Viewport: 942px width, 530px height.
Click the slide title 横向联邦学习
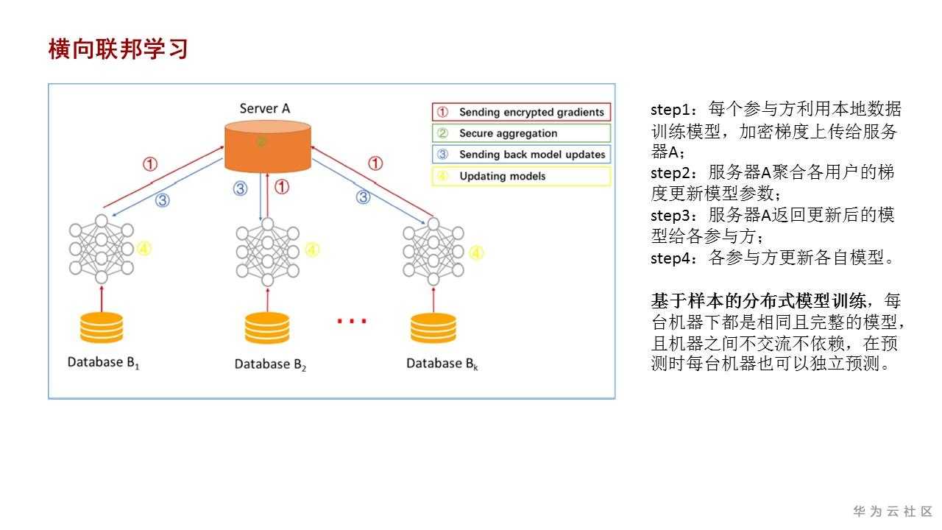118,49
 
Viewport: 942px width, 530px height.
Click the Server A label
264,108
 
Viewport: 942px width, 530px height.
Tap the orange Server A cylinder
268,146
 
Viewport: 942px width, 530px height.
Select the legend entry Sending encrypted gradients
522,112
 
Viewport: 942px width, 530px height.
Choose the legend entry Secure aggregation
522,133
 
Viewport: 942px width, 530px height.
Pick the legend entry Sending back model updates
522,155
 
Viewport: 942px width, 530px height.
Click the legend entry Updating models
522,176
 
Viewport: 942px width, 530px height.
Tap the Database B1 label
104,363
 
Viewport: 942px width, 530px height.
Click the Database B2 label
270,364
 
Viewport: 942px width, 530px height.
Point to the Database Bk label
442,364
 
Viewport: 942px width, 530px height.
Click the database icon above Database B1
102,328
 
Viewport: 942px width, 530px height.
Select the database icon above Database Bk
433,328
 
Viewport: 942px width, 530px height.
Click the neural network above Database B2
267,252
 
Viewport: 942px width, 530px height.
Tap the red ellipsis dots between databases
352,322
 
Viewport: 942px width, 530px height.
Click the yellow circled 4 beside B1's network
144,249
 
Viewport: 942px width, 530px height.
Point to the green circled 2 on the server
261,141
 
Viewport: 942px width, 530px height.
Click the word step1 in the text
670,110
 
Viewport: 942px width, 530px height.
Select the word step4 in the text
670,258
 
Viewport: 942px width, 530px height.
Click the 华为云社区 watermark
893,511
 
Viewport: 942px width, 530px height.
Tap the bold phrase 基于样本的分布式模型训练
758,301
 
